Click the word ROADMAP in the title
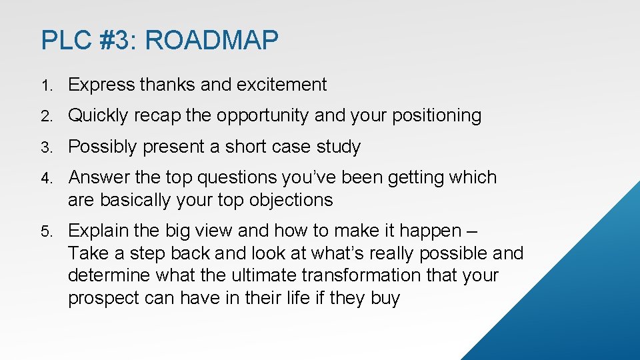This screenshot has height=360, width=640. (211, 41)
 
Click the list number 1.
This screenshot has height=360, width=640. (45, 85)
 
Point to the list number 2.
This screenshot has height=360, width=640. (45, 116)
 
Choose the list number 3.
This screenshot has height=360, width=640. (45, 147)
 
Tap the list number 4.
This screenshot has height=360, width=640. (45, 178)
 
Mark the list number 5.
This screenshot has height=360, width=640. (45, 231)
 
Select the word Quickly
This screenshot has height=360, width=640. (98, 115)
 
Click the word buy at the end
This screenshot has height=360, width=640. (385, 297)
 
